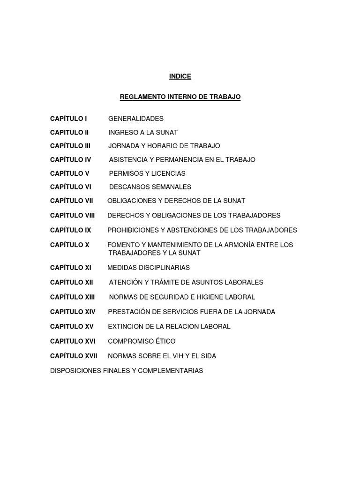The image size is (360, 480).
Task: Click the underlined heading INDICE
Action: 180,76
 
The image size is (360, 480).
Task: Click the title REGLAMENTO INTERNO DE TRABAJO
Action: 180,97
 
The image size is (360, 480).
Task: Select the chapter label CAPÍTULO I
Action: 68,119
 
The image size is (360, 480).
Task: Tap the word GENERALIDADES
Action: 136,119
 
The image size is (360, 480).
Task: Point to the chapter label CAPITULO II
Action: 69,132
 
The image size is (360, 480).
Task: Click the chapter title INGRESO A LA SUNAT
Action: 143,132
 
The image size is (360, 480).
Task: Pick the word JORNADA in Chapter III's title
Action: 123,146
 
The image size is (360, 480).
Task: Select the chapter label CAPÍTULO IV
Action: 71,159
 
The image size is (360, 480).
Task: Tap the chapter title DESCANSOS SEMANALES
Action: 150,187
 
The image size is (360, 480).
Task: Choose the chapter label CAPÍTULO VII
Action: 72,201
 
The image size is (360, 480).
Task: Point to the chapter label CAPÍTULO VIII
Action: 73,215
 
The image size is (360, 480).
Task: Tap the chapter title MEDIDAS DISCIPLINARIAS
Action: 149,267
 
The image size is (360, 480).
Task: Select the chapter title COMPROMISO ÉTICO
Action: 142,341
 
